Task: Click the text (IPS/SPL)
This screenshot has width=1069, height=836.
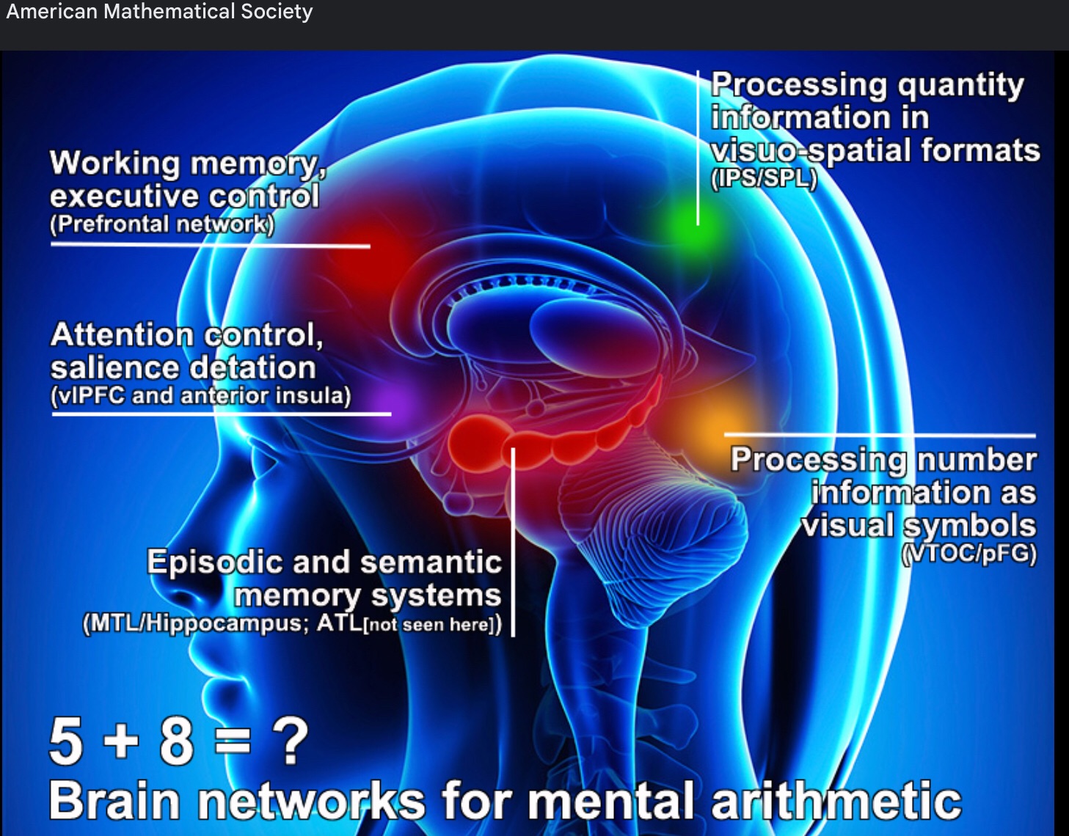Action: tap(764, 178)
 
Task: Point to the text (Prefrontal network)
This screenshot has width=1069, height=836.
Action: tap(162, 224)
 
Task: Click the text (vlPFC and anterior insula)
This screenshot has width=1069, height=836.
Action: tap(200, 396)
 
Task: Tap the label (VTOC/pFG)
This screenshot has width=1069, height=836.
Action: tap(968, 553)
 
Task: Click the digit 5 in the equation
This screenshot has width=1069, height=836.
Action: tap(66, 741)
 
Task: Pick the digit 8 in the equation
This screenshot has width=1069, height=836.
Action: tap(176, 741)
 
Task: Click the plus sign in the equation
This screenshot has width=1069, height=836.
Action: tap(121, 741)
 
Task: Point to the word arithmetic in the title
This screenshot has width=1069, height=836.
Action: tap(836, 800)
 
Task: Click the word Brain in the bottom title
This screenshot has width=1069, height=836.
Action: tap(114, 800)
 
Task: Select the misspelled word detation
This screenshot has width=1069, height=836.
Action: tap(249, 367)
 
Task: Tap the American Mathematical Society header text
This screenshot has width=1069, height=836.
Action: tap(159, 12)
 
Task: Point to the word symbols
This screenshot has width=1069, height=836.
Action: tap(969, 525)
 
